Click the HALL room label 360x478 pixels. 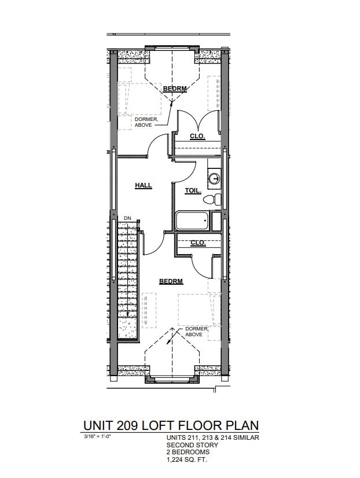[144, 185]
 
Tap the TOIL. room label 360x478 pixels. [193, 190]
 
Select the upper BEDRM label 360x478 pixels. [174, 89]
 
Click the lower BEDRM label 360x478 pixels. [171, 281]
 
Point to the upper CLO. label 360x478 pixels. [198, 137]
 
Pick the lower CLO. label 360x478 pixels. [198, 242]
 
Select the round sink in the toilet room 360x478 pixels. [214, 178]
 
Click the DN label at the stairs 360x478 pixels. [127, 218]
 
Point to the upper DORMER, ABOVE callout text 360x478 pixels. [146, 122]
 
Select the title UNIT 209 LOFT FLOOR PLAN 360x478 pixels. [171, 425]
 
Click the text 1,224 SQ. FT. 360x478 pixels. [186, 459]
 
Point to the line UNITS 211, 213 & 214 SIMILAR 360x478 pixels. [212, 437]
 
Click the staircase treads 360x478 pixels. [127, 278]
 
